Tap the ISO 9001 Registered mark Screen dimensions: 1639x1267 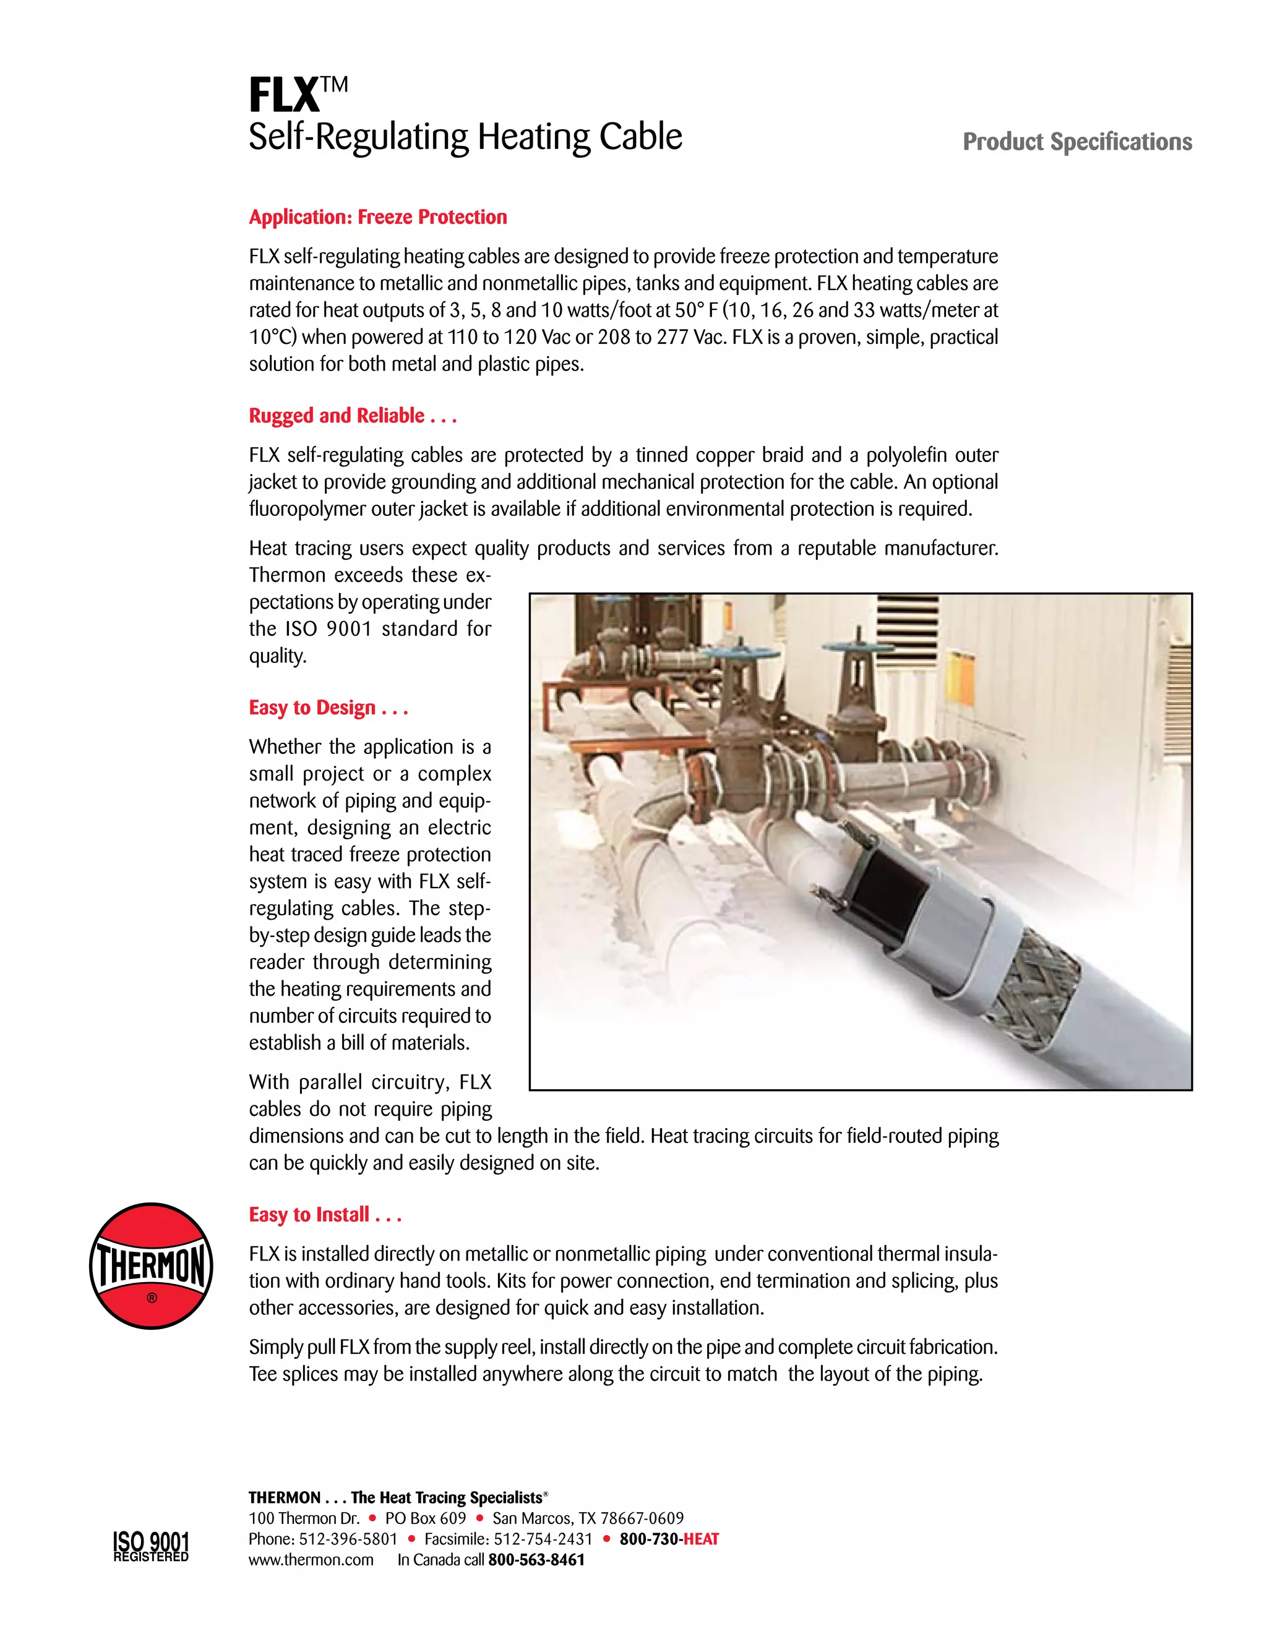(x=151, y=1546)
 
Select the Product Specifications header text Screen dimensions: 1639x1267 (x=1076, y=142)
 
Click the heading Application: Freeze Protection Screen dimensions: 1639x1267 (x=377, y=217)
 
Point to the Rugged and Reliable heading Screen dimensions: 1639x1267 (x=353, y=416)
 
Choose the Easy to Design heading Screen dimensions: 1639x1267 (x=328, y=708)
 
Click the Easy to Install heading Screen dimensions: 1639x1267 (x=325, y=1214)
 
